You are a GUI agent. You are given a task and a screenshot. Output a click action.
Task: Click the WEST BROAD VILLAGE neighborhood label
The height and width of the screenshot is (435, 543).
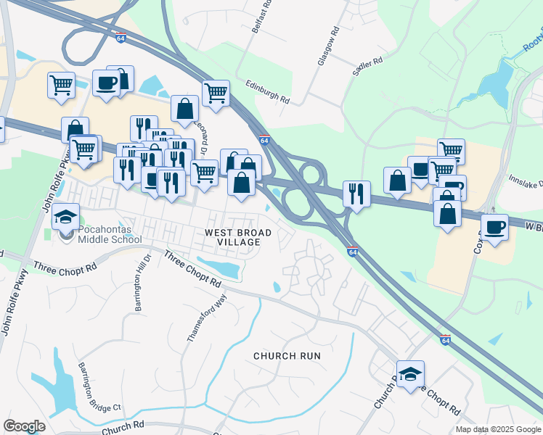(238, 238)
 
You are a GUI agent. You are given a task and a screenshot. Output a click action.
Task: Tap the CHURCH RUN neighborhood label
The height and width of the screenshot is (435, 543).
(287, 355)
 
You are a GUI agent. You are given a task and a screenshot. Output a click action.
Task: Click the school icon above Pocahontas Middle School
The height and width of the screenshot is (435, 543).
(66, 217)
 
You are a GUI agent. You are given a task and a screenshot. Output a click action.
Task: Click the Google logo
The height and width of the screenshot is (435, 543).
(24, 426)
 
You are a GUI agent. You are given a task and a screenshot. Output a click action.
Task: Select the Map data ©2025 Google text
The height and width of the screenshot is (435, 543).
(497, 429)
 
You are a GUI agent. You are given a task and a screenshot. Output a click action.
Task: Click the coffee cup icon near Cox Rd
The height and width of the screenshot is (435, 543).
(494, 227)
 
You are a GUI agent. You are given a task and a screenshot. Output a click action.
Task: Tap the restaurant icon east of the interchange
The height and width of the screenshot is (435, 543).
(356, 193)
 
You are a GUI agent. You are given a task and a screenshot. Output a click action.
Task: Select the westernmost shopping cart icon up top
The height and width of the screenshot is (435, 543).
(61, 85)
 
